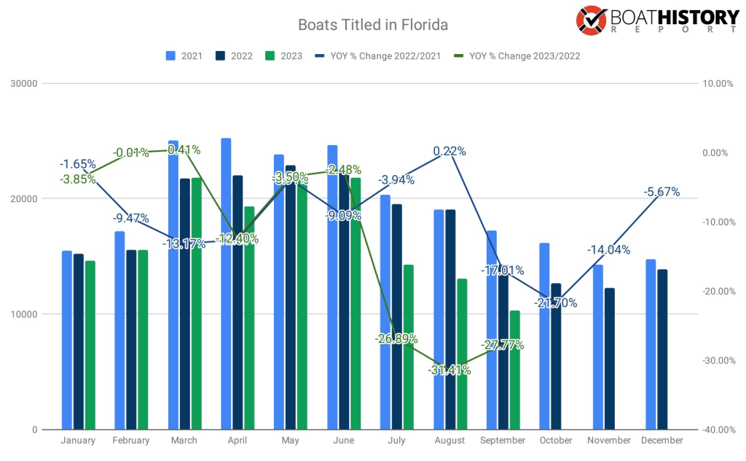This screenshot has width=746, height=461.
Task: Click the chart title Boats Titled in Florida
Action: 372,25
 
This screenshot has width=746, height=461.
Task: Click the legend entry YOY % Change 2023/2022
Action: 517,55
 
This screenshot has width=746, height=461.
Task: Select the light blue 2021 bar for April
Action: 226,284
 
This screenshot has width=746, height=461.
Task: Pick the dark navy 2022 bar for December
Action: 662,350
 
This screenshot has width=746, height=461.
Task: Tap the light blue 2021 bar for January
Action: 67,340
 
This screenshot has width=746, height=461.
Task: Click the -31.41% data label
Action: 449,370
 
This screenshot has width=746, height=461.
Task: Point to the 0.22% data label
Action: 449,152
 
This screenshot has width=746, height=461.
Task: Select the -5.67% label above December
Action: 661,193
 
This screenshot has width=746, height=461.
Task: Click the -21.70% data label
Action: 555,302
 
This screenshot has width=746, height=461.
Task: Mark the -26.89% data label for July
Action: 397,338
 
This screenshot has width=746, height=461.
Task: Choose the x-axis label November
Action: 609,441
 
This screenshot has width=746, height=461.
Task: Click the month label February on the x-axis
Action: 131,441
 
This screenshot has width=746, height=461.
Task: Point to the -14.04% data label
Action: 609,249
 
